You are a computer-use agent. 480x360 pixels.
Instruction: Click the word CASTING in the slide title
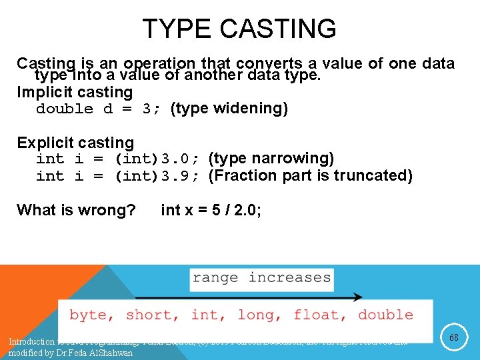(x=278, y=29)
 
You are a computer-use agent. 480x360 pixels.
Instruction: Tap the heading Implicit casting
(x=75, y=92)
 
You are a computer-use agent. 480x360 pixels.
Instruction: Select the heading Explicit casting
(x=75, y=143)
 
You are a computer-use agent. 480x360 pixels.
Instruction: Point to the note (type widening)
(x=229, y=109)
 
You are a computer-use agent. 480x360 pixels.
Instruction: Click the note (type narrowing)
(x=271, y=159)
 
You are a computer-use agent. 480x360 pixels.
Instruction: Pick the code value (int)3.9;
(x=158, y=176)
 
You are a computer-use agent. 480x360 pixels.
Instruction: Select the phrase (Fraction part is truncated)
(x=310, y=176)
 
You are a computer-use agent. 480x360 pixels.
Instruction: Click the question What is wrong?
(x=76, y=211)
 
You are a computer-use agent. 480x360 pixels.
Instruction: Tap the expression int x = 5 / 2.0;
(x=211, y=211)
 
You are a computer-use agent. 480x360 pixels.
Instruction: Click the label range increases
(x=261, y=277)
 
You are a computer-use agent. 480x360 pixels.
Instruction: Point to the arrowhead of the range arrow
(x=359, y=297)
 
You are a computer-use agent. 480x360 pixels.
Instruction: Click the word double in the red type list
(x=385, y=315)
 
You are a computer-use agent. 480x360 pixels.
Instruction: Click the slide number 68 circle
(x=454, y=338)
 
